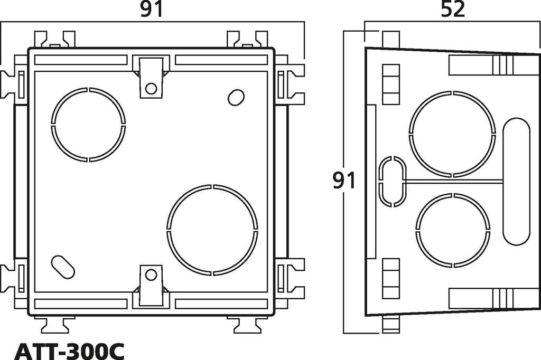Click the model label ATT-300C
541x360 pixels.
(x=69, y=350)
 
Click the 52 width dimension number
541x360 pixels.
(x=453, y=10)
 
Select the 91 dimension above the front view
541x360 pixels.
(x=151, y=10)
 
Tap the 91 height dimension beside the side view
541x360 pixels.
(x=344, y=181)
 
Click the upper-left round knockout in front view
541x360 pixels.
(x=88, y=125)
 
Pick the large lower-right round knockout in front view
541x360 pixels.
(x=212, y=230)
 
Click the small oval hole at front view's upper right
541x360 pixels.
(x=236, y=98)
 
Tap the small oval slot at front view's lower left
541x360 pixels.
(x=63, y=267)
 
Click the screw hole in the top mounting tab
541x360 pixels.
(x=151, y=88)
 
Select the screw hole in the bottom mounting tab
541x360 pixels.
(x=151, y=275)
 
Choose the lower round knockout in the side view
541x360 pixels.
(x=452, y=230)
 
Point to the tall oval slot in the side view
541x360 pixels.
(x=516, y=182)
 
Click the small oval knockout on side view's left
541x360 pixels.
(x=393, y=182)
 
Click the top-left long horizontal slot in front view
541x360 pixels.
(x=81, y=60)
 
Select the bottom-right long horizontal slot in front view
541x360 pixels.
(x=221, y=304)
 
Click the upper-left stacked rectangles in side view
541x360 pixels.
(x=391, y=84)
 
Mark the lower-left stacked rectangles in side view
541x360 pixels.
(x=391, y=279)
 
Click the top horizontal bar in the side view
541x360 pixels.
(x=481, y=65)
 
